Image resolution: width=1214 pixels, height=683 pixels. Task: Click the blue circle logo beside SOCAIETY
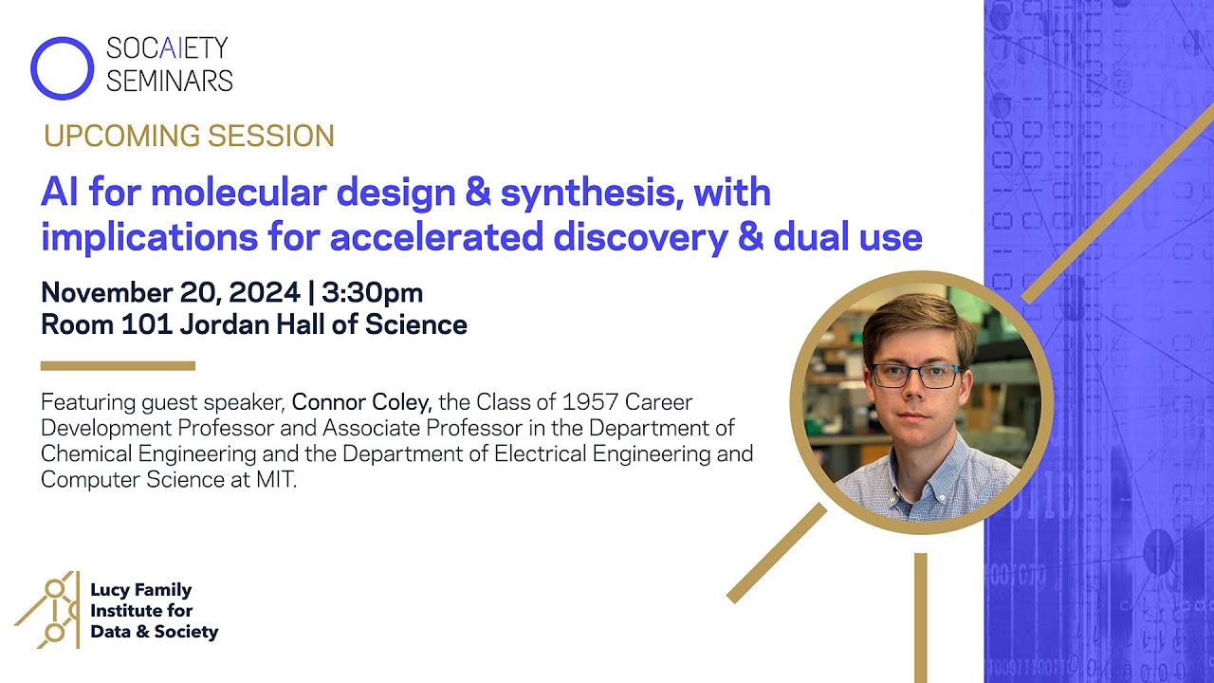(x=63, y=67)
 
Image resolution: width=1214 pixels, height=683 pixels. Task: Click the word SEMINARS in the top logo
(x=169, y=82)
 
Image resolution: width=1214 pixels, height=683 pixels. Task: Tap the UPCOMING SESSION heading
(x=189, y=137)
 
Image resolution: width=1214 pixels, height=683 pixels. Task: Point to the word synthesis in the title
(x=591, y=194)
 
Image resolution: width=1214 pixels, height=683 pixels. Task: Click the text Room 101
(x=90, y=325)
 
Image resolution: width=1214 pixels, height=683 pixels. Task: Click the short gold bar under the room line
(x=118, y=365)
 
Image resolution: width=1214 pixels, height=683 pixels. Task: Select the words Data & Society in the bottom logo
(x=154, y=632)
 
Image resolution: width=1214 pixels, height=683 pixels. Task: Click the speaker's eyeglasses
(x=916, y=376)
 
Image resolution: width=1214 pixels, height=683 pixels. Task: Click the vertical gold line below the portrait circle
(x=920, y=617)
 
